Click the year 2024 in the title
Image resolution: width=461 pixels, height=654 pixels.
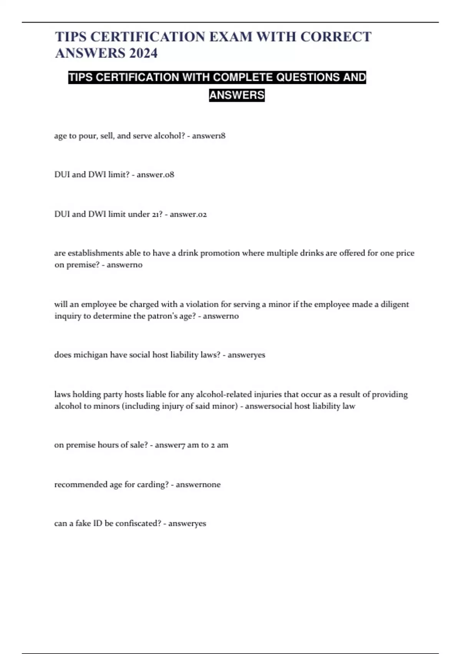pyautogui.click(x=144, y=53)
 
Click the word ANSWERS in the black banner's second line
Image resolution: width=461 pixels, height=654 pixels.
pyautogui.click(x=237, y=95)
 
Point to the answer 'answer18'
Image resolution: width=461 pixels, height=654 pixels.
pyautogui.click(x=209, y=136)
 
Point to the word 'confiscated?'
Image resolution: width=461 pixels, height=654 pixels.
pyautogui.click(x=138, y=523)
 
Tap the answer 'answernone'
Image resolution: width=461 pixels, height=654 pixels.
pyautogui.click(x=198, y=484)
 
